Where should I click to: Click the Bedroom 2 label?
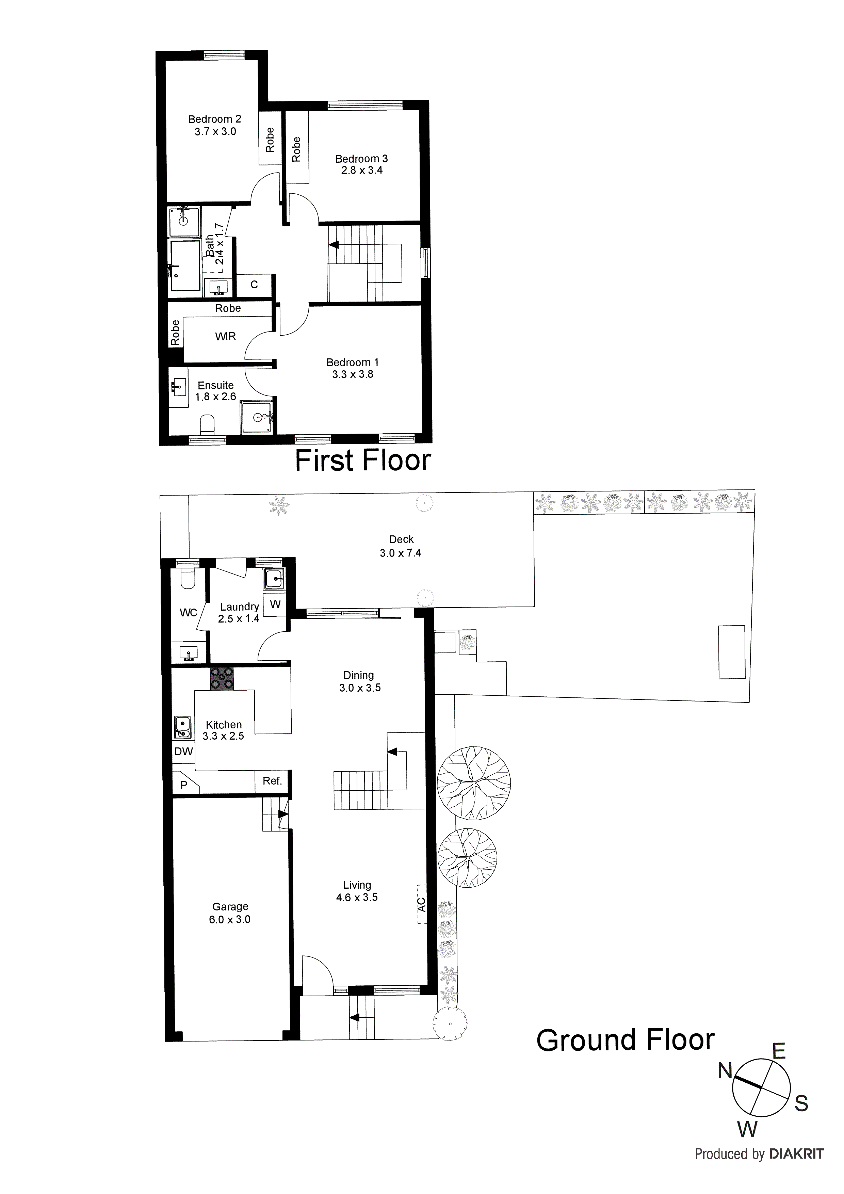214,119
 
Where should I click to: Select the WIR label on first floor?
225,337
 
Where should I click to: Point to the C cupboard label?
254,285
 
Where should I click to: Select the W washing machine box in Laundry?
275,604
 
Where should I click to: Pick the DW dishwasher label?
183,752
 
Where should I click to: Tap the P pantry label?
183,785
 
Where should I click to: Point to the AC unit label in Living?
422,904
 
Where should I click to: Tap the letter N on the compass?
725,1071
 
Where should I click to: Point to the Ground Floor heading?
625,1040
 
